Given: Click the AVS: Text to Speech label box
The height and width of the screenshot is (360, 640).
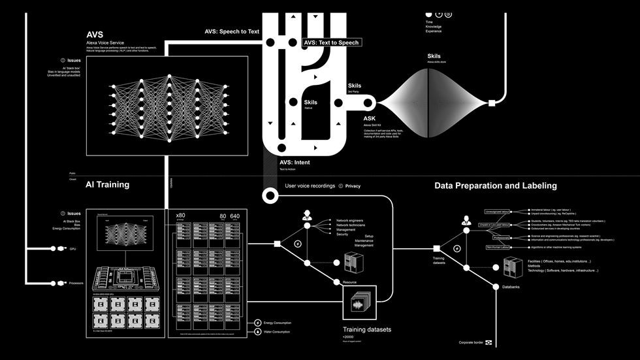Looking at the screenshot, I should click(x=331, y=42).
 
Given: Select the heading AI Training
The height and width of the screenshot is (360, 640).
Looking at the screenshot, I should click(x=107, y=185).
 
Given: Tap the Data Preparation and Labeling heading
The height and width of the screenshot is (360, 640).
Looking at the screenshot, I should click(x=496, y=186).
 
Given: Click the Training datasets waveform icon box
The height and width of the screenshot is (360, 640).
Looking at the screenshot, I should click(x=360, y=302).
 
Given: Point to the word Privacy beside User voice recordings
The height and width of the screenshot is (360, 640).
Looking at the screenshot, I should click(x=353, y=186).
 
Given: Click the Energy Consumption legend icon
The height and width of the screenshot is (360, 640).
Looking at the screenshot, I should click(x=258, y=323).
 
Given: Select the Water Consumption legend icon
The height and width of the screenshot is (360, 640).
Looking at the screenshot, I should click(x=258, y=331).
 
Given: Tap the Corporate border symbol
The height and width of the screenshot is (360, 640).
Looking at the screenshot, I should click(x=488, y=342).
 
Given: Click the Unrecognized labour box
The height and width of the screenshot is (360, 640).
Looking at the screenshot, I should click(x=500, y=212).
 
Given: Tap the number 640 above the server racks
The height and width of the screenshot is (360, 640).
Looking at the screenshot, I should click(x=235, y=216).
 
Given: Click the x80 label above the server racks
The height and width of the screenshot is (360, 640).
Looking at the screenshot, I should click(x=181, y=215).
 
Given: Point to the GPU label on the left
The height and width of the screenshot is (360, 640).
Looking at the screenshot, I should click(x=73, y=249).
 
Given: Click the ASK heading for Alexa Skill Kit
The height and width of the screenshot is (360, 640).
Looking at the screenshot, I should click(x=370, y=119).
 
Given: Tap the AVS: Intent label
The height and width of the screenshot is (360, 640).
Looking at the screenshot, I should click(x=295, y=162).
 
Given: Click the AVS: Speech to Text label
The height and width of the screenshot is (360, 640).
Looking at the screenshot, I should click(x=232, y=31).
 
